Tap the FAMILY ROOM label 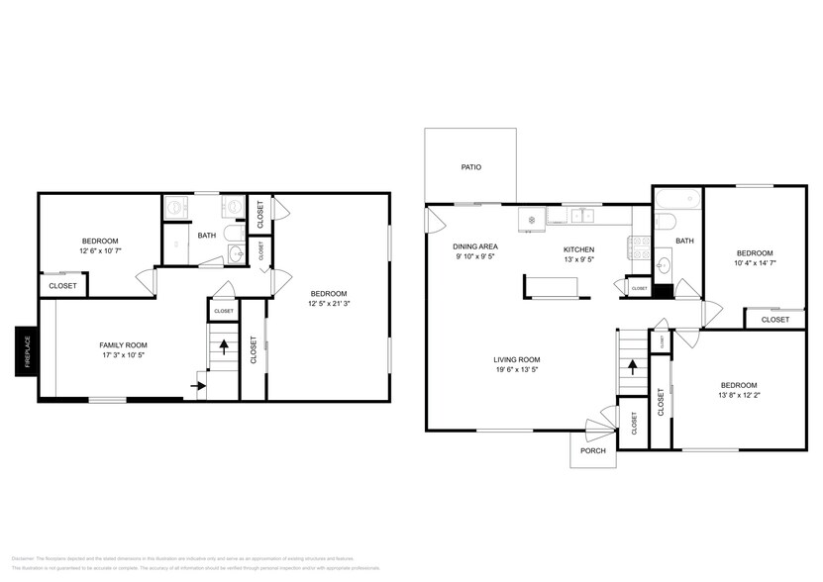[x=124, y=344]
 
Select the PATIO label [x=470, y=167]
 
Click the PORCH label [x=592, y=450]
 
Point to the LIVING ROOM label [x=517, y=360]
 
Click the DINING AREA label [x=475, y=246]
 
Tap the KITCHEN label [x=578, y=249]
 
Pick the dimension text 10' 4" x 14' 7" [x=754, y=263]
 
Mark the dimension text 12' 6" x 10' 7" [x=100, y=251]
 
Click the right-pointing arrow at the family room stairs [x=197, y=387]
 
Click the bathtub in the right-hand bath [x=677, y=198]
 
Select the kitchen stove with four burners [x=639, y=251]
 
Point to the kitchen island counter [x=556, y=286]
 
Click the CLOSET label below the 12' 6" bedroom [x=62, y=286]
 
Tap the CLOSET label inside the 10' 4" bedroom [x=775, y=320]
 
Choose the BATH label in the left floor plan [x=207, y=236]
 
